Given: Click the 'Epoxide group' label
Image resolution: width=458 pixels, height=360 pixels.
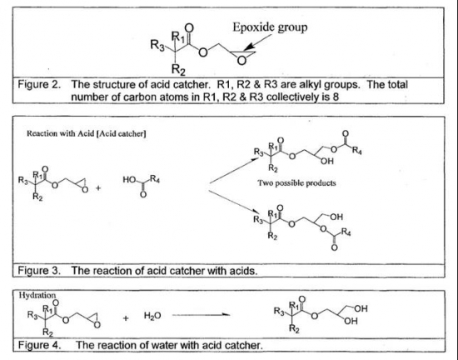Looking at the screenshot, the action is pos(270,27).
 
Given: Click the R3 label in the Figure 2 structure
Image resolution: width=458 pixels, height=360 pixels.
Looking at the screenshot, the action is pos(157,45).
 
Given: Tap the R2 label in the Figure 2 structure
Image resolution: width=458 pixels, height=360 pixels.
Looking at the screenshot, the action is pos(178,69).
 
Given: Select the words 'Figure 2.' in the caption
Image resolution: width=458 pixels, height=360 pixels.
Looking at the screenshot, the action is pos(39,85).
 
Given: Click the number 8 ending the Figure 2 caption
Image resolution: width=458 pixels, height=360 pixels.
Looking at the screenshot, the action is pos(336,97).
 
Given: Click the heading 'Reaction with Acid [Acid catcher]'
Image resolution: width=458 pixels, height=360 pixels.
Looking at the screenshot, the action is pos(87,133).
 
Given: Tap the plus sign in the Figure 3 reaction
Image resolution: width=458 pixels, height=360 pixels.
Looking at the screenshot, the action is pos(98,187).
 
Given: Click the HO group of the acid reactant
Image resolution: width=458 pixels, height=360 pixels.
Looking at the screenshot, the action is pos(129,179).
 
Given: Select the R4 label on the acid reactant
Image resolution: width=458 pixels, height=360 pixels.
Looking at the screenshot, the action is pos(155,179).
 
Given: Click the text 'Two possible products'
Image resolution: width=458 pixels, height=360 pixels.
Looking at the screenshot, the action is pos(296,183).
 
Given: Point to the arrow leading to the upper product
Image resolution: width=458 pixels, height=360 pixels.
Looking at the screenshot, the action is pos(234,171).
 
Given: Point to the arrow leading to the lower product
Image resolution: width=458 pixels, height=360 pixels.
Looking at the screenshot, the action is pos(234,202).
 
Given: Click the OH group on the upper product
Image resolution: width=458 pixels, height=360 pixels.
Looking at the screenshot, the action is pos(327,162).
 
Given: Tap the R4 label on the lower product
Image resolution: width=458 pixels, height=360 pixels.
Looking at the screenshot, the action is pos(346,232).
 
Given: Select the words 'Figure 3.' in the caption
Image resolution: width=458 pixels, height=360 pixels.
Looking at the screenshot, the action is pos(39,271).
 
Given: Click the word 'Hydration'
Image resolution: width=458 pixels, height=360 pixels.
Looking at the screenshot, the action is pos(37,295).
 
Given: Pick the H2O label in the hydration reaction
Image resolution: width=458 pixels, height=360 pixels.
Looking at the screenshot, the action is pos(152,316).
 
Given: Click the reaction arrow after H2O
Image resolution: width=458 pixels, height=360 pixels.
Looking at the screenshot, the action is pos(202,315).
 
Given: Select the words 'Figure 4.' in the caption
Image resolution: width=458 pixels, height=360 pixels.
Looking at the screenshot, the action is pos(39,345).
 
